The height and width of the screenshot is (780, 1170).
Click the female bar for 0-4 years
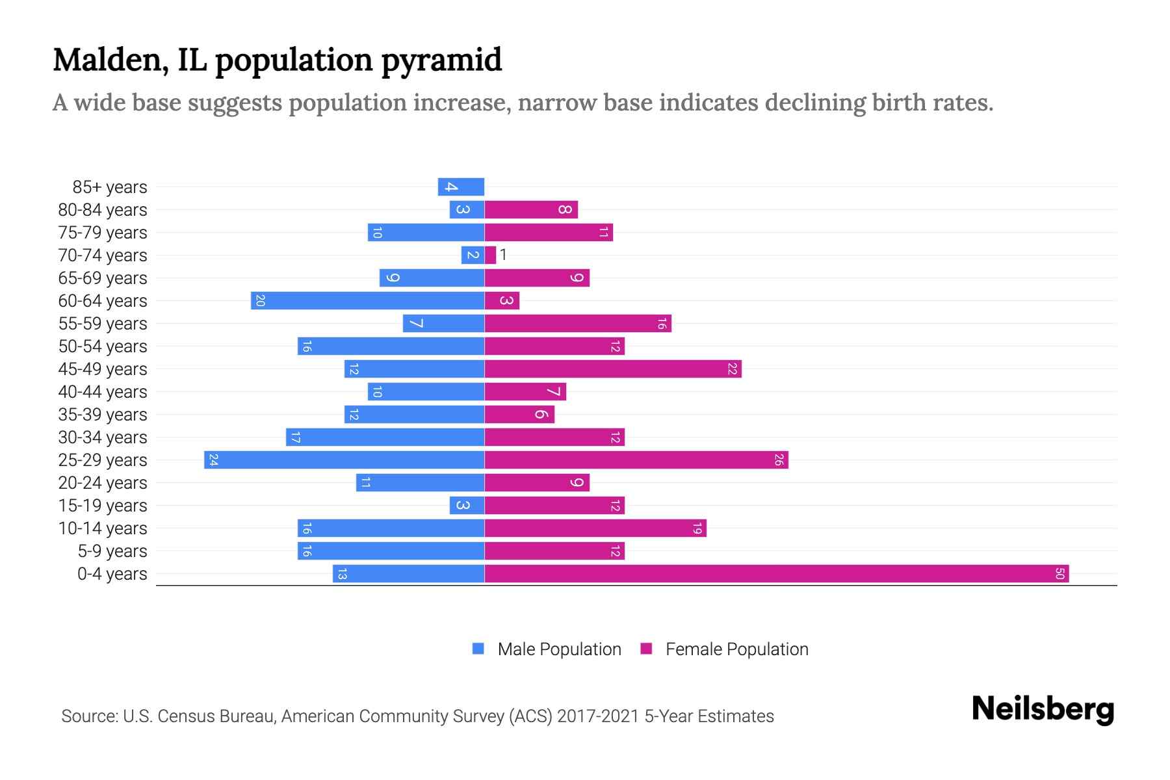[777, 574]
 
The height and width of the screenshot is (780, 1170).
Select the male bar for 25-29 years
[344, 460]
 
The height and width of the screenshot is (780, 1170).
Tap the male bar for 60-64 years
[368, 301]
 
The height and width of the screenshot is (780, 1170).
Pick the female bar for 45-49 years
[613, 369]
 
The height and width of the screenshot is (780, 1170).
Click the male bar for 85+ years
[461, 187]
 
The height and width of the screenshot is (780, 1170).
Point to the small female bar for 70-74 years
[491, 255]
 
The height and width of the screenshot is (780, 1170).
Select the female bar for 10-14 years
[595, 528]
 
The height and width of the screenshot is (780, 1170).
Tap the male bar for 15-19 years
[467, 506]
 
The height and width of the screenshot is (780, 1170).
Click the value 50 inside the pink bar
[1059, 574]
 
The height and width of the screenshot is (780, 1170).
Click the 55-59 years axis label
[103, 324]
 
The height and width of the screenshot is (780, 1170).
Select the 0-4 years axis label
[112, 574]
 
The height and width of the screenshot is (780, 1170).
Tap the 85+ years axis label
[110, 187]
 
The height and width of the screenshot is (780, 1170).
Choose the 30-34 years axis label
[103, 437]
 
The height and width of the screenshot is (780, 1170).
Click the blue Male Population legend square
[478, 649]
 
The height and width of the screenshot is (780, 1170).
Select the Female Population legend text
[737, 649]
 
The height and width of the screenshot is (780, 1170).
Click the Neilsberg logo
[1043, 709]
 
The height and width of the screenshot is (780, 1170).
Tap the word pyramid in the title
[441, 60]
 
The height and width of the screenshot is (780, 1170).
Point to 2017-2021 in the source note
[598, 716]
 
